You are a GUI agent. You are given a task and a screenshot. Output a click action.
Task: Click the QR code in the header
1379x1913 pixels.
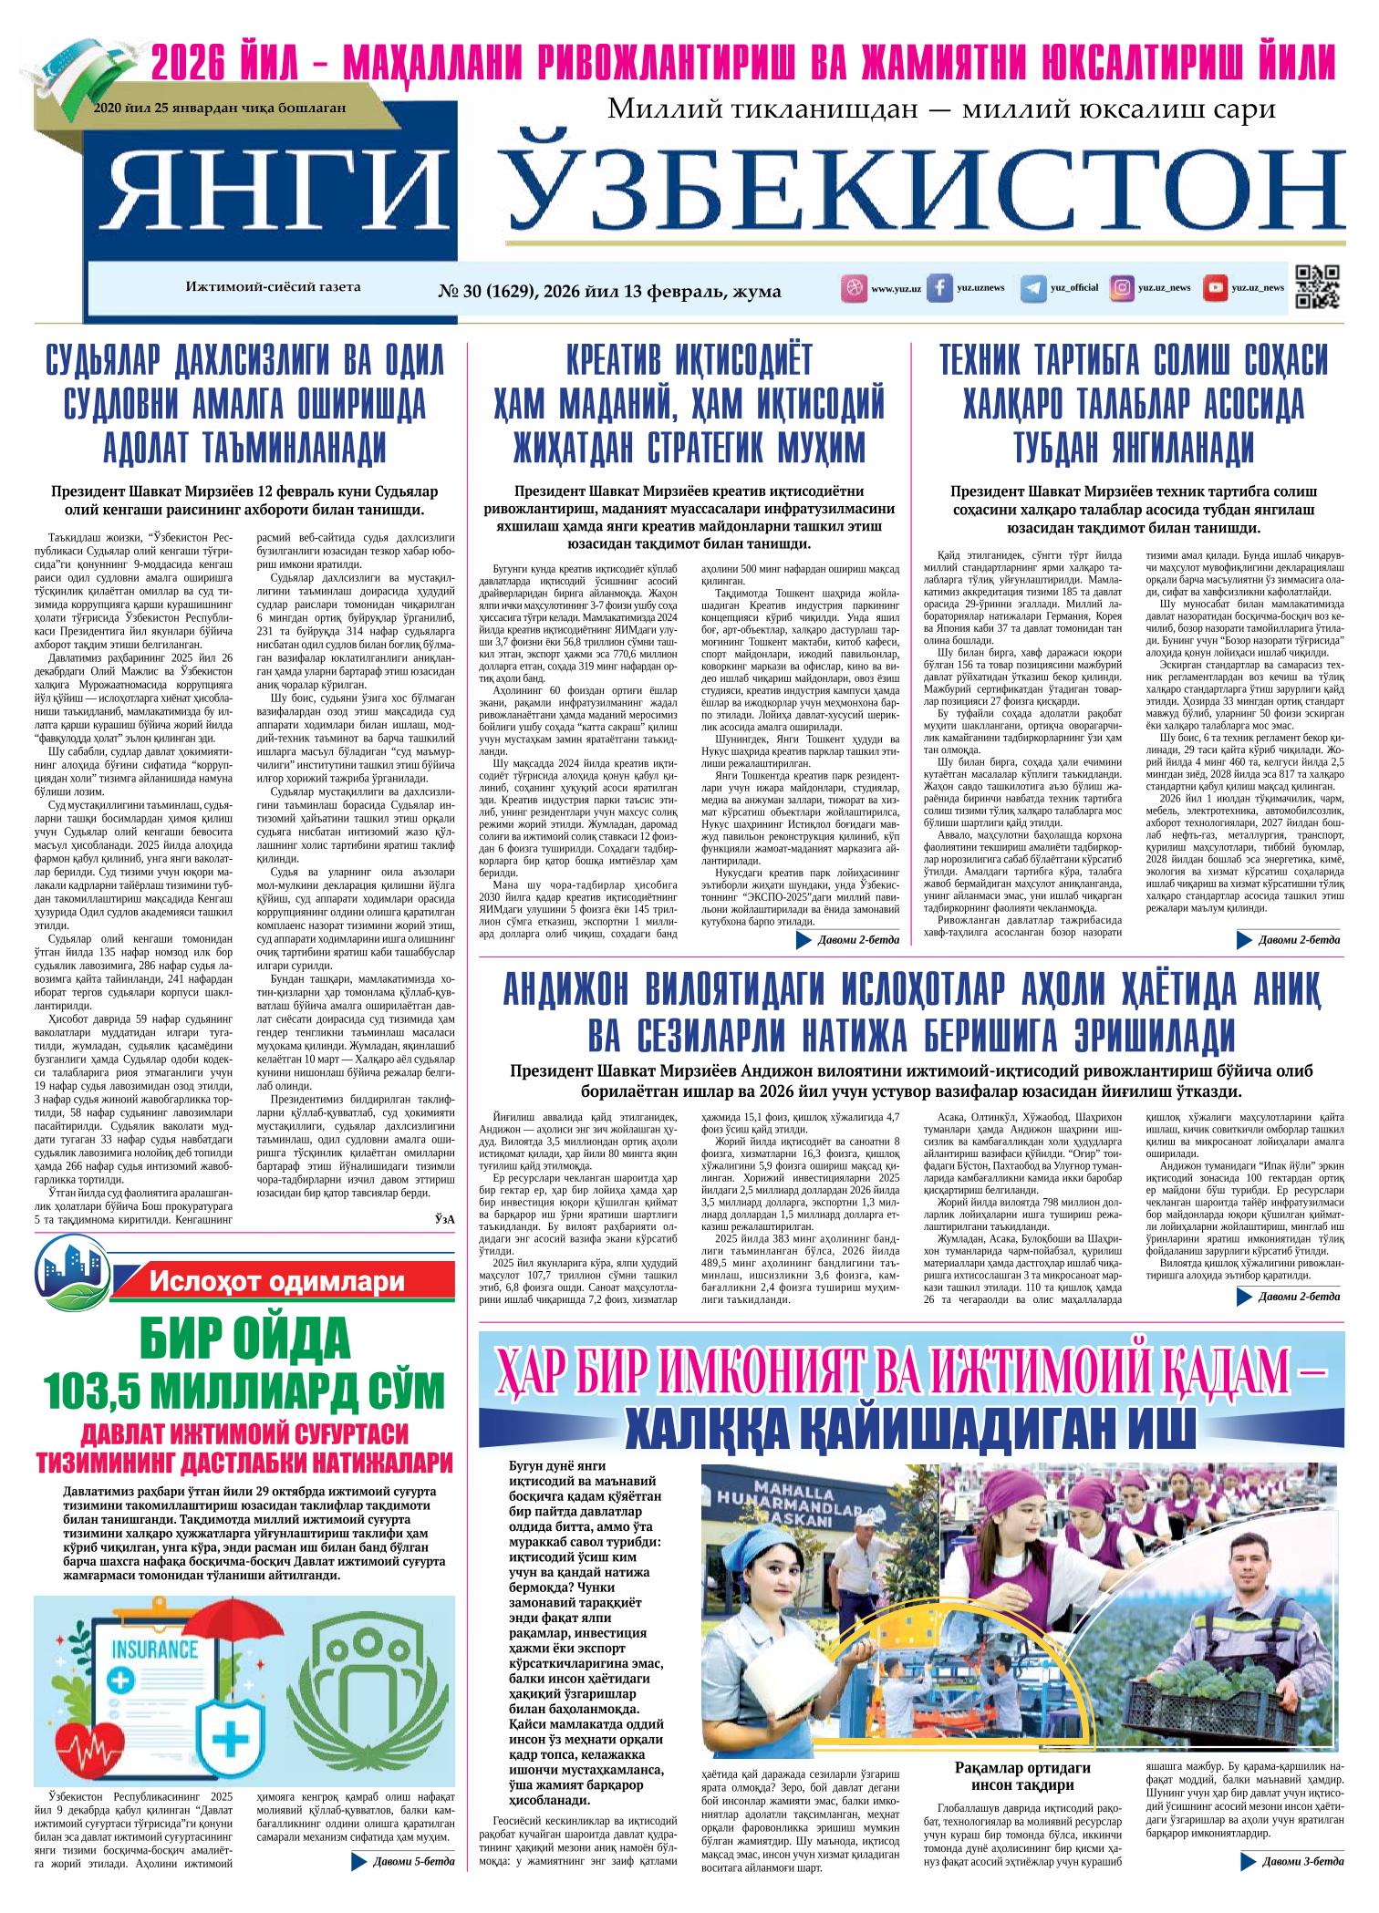coord(1318,286)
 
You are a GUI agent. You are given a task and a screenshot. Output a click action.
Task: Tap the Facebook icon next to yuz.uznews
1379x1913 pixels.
coord(939,288)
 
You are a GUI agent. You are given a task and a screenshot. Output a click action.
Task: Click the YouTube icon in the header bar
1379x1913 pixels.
coord(1215,288)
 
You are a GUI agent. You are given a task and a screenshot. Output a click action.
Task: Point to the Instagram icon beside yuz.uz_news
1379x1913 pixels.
coord(1122,288)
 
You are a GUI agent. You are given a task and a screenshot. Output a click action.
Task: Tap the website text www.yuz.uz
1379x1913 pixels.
coord(896,288)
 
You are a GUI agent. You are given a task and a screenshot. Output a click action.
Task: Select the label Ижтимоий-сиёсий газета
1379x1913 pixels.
coord(273,286)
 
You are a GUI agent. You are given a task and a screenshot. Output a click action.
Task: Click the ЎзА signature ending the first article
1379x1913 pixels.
coord(444,1220)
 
